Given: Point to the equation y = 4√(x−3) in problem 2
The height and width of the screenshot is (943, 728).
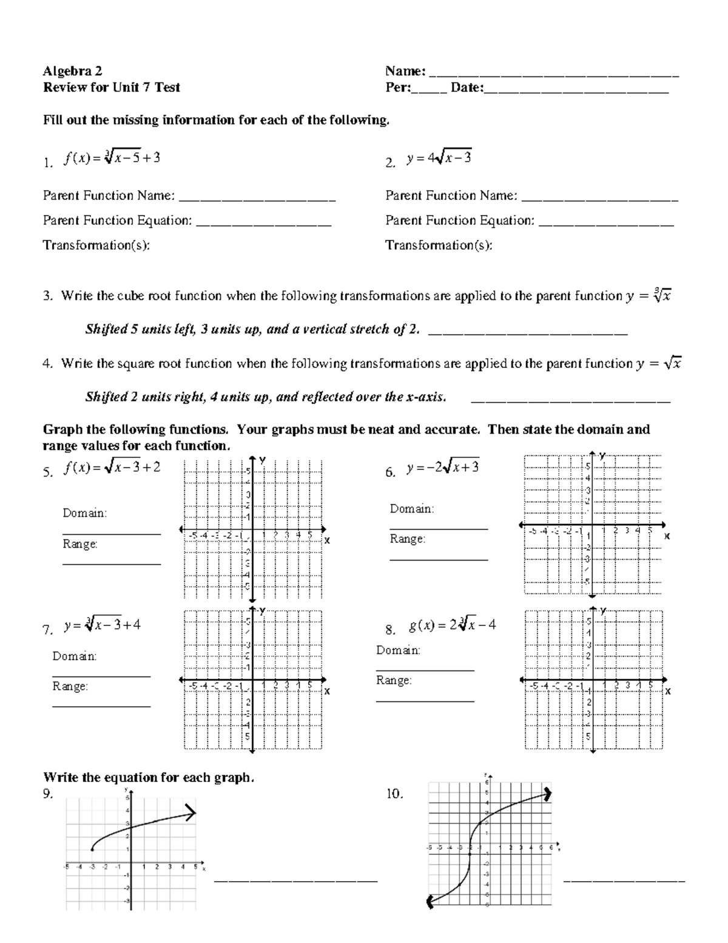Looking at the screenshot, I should pos(439,158).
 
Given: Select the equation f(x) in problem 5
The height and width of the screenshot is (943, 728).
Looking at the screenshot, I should pos(112,468).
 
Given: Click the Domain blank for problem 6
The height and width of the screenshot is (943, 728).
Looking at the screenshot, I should pos(438,528).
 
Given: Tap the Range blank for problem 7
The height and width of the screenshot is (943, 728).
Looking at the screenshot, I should pos(101,706).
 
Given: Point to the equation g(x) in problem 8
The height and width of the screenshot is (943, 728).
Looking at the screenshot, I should pos(453,625).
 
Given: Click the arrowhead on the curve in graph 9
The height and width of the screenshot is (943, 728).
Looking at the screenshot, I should pos(192,812).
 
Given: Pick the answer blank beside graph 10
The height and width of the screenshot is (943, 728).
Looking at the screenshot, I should pos(624,879).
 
